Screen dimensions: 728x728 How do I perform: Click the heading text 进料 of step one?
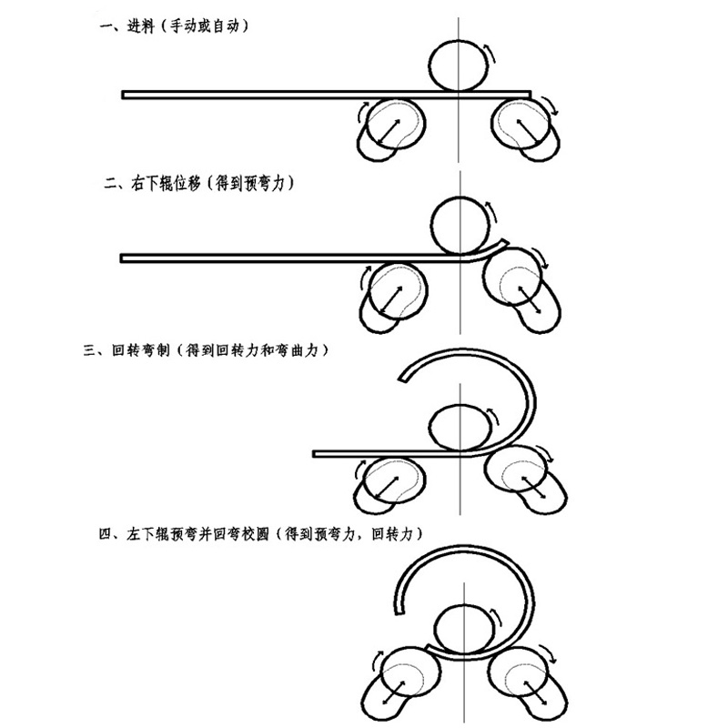pos(141,26)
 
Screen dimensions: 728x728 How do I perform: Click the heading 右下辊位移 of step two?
pos(166,184)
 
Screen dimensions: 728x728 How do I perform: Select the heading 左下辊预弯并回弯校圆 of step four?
pos(197,534)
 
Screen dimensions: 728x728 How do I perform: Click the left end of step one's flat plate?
pos(123,95)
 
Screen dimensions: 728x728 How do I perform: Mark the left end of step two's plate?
pos(122,258)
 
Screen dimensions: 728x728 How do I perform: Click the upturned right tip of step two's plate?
pos(505,241)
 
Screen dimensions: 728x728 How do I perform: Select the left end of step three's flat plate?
pos(314,453)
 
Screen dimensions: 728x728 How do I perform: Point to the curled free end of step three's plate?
pos(402,379)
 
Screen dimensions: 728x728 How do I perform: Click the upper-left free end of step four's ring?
pos(399,612)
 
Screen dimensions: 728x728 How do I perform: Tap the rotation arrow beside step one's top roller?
pos(490,53)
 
